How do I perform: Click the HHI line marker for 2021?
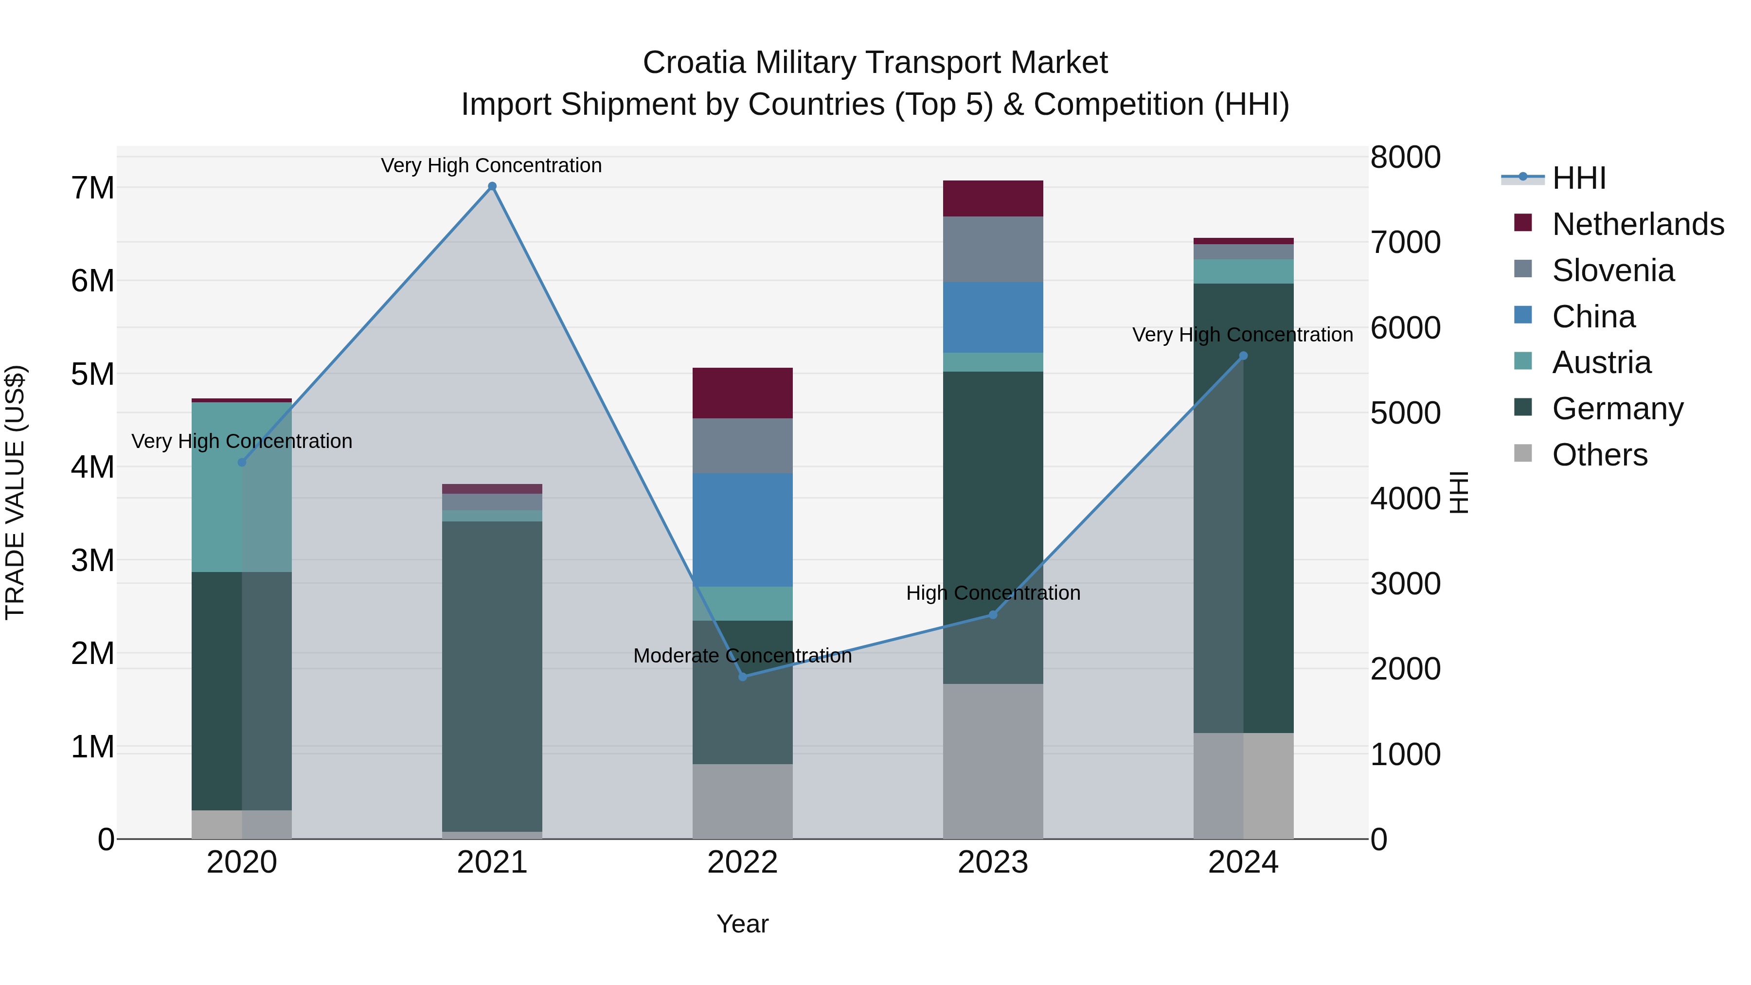492,186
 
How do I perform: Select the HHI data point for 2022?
742,677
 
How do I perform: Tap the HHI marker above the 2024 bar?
1243,356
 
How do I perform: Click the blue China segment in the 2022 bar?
742,530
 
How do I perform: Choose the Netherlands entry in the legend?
1638,224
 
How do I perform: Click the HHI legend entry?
1578,178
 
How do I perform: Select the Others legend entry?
1599,455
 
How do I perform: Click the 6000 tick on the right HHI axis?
1404,328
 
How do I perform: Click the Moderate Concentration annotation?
742,656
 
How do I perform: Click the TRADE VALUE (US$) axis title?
15,492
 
